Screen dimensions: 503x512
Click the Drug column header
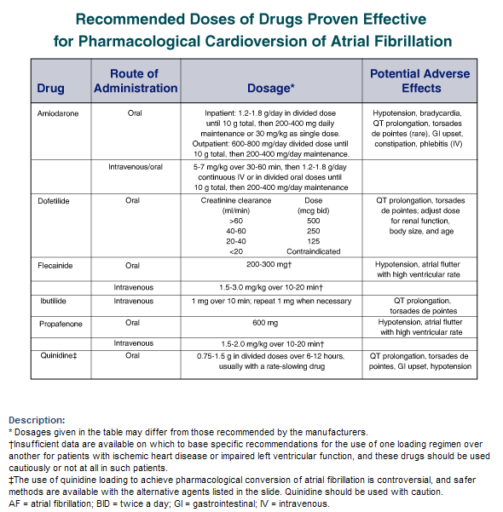coord(50,88)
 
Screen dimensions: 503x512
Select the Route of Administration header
coord(136,81)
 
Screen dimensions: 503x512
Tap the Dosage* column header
coord(271,88)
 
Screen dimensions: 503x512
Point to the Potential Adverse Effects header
coord(420,81)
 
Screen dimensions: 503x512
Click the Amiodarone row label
coord(58,113)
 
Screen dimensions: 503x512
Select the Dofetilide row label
coord(54,201)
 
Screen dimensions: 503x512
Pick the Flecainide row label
coord(55,266)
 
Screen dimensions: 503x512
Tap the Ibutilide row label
coord(53,301)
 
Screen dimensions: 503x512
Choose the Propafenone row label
coord(61,324)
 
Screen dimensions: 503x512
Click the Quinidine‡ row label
coord(59,355)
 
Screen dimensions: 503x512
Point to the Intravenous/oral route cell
coord(136,167)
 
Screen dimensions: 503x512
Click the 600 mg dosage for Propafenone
coord(265,323)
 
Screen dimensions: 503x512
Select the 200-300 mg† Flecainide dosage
coord(269,264)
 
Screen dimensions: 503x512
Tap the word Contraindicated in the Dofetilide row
coord(314,251)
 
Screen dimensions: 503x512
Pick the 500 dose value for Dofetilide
coord(314,221)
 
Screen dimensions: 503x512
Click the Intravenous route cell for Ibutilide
coord(133,301)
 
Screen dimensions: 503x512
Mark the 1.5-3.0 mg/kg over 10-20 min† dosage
coord(271,287)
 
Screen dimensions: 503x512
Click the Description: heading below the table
coord(37,420)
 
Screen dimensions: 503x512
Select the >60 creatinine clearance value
coord(236,221)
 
